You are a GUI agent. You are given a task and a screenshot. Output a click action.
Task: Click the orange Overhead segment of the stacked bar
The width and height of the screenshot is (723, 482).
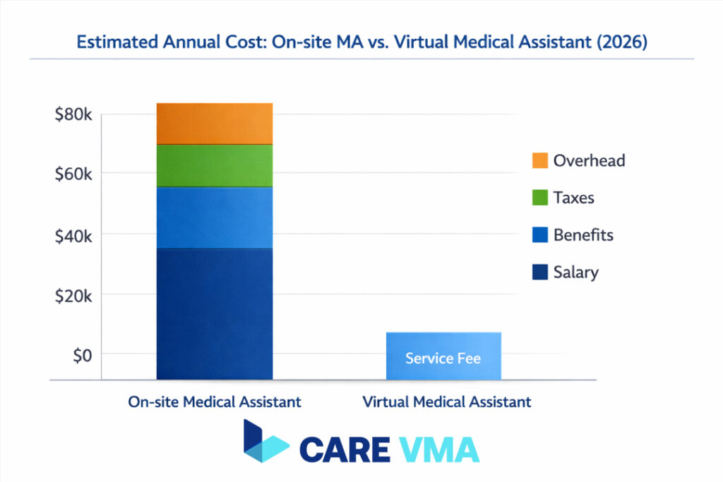pos(215,123)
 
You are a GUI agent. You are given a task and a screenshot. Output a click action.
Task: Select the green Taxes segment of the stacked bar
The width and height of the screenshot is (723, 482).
pos(215,166)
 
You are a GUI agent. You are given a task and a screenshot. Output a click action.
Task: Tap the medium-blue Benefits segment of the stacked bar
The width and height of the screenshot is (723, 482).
pos(215,217)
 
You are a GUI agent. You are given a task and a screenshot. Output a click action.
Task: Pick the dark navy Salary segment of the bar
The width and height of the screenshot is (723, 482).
pos(215,313)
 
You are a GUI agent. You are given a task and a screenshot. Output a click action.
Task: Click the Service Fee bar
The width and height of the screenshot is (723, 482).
pos(443,356)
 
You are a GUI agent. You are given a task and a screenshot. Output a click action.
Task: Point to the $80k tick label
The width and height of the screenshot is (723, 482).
pos(73,115)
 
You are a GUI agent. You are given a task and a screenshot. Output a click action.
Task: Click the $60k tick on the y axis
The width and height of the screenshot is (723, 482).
pos(73,174)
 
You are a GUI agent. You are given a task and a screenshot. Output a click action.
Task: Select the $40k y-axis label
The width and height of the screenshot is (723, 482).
pos(73,235)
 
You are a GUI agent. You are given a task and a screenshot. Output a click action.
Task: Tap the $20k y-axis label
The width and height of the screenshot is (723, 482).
pos(73,295)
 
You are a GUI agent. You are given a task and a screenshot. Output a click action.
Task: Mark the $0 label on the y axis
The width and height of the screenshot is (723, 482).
pos(83,354)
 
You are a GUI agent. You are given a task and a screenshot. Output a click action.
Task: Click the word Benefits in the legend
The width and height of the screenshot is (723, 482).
pos(583,235)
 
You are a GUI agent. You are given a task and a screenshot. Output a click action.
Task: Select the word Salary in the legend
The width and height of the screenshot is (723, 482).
pos(575,272)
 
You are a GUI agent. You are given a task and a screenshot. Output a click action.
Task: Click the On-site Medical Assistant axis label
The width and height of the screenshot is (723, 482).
pos(215,402)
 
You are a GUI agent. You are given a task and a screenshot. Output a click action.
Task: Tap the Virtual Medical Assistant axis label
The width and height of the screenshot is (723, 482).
pos(446,402)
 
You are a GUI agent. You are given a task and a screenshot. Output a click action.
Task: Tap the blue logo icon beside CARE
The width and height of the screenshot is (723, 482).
pos(265,442)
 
